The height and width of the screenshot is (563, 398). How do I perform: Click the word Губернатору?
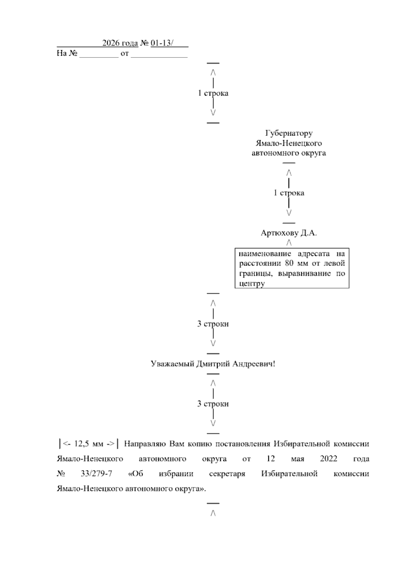coord(289,133)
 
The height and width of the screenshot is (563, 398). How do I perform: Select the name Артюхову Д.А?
coord(289,233)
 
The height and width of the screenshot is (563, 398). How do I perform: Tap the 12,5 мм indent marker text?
coord(88,444)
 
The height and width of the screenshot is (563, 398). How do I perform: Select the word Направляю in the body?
coord(145,444)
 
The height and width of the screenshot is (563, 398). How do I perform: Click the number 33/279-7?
coord(96,474)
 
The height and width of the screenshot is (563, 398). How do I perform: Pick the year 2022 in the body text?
coord(329,459)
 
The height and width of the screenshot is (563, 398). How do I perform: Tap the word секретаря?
coord(227,474)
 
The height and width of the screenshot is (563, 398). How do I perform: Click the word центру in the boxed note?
coord(252,284)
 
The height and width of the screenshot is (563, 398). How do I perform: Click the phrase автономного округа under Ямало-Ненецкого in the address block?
coord(289,153)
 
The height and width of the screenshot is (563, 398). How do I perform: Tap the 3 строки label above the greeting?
coord(213,324)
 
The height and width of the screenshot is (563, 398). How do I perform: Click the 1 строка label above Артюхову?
coord(289,193)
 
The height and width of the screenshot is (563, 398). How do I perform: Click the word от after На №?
coord(124,53)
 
